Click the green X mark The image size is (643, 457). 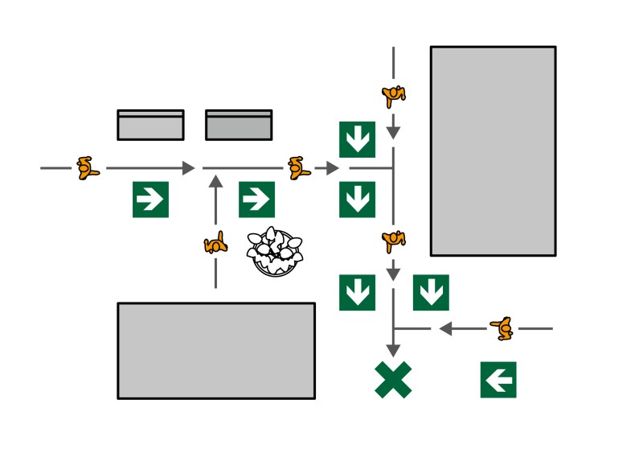click(393, 380)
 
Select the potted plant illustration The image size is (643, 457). click(276, 252)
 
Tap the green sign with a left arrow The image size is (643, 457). click(498, 380)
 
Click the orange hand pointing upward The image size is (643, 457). click(215, 243)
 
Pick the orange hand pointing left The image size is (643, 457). click(502, 327)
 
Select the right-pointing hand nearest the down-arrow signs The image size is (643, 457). click(299, 167)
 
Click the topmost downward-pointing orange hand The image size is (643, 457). click(393, 96)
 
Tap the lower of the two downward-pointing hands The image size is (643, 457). click(393, 241)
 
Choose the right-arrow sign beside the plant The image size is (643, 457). click(256, 200)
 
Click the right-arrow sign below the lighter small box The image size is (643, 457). click(150, 200)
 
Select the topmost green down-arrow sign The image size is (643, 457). click(357, 139)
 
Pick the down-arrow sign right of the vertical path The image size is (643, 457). click(431, 293)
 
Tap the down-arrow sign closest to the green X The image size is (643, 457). click(357, 293)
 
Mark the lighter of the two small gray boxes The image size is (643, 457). click(150, 126)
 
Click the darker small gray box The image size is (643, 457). click(239, 126)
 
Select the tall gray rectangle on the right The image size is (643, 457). click(493, 150)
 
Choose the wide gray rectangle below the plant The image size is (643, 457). click(216, 351)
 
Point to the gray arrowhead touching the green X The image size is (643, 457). click(393, 351)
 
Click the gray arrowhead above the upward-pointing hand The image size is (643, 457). click(215, 181)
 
